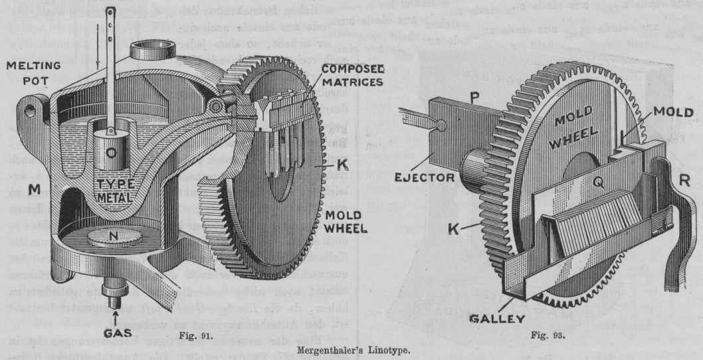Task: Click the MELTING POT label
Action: click(x=31, y=74)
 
